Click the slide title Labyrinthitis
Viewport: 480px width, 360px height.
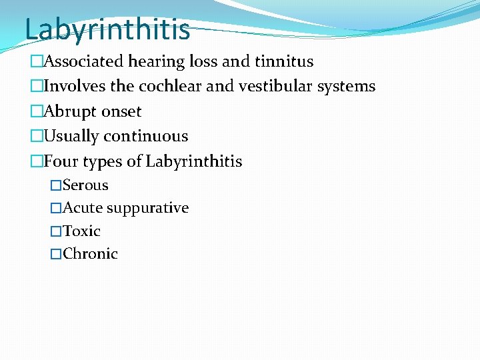(x=107, y=29)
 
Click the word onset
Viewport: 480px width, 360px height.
(x=121, y=112)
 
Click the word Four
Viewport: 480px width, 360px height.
(x=61, y=161)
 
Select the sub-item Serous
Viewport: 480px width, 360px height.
(x=85, y=185)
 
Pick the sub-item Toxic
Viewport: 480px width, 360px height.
(x=81, y=231)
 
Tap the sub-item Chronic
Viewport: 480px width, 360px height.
(x=90, y=254)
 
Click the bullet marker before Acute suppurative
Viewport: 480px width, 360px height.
(x=56, y=208)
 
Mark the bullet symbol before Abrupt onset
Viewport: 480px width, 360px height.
(x=37, y=111)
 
